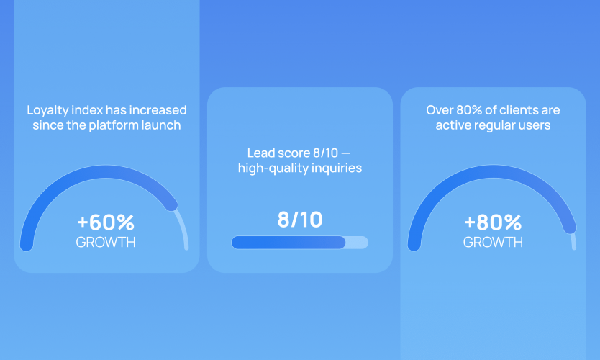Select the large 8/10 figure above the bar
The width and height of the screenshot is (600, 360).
pos(300,219)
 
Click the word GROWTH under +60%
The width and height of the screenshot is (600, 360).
pos(106,242)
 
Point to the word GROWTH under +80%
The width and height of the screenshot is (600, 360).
pos(493,242)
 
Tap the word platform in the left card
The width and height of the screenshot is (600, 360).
pos(117,125)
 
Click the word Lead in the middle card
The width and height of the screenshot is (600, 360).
pos(260,153)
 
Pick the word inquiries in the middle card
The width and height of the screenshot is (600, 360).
pos(337,168)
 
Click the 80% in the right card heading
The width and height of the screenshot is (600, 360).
pos(468,110)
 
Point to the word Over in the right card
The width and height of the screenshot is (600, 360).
pos(440,110)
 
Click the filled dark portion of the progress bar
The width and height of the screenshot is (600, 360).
pos(288,243)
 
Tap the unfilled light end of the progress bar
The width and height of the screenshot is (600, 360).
pos(358,243)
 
